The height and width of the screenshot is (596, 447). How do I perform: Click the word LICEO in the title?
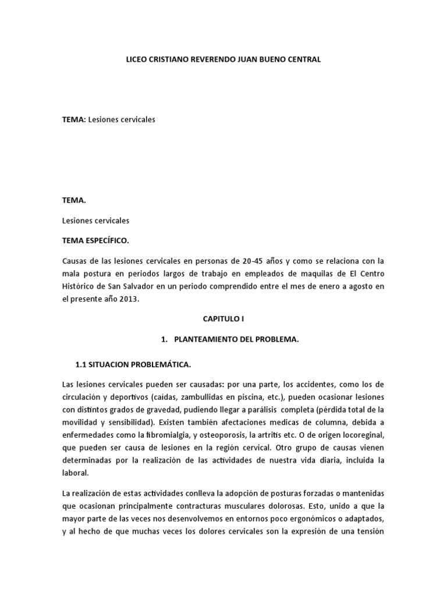pos(137,59)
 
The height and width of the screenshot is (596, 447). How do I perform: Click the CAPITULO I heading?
pos(223,320)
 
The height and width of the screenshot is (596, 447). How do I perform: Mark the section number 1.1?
pos(81,365)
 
